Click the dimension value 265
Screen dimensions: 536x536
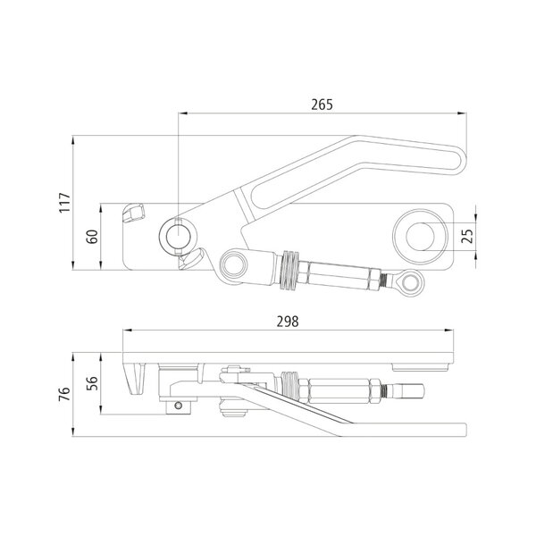(322, 105)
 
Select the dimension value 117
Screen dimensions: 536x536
(64, 203)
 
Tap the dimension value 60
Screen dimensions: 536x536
(92, 237)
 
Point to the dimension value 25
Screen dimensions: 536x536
(467, 236)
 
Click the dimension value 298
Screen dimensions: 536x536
(288, 322)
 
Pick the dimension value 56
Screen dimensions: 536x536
(92, 383)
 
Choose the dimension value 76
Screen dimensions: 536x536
(64, 394)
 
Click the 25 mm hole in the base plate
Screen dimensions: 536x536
(420, 236)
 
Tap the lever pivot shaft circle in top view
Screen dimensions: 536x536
(178, 236)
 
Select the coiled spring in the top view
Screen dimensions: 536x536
(289, 271)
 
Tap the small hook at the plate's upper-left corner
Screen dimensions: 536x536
(134, 213)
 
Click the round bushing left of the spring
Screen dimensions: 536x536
(234, 264)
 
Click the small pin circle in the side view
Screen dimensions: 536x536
(178, 406)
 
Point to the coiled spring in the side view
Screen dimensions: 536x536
(289, 387)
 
